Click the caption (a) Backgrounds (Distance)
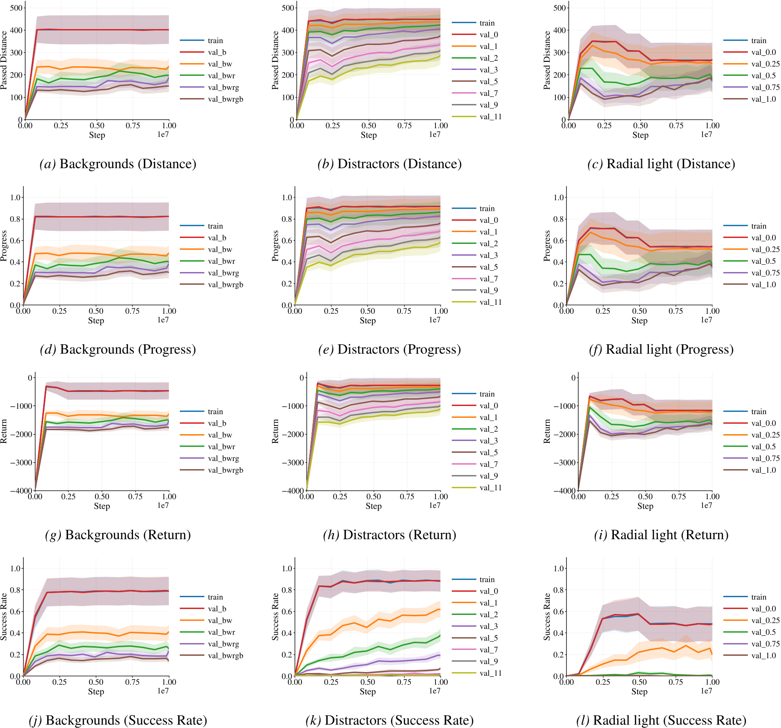click(118, 164)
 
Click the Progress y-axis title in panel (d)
click(4, 245)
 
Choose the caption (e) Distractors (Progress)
click(389, 349)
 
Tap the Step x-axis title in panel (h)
click(373, 506)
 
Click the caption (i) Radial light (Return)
click(661, 535)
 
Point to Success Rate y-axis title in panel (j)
click(4, 616)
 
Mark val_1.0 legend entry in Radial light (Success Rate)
click(763, 656)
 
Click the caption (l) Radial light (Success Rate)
click(661, 720)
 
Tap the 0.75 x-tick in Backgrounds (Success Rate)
click(132, 682)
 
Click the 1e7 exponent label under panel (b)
click(435, 134)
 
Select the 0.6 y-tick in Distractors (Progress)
click(287, 241)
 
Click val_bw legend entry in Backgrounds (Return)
click(220, 435)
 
